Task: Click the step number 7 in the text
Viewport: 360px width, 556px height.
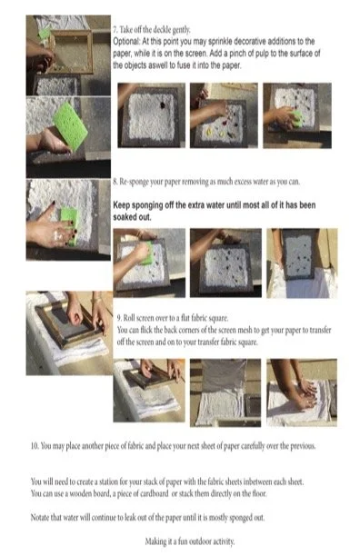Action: [115, 29]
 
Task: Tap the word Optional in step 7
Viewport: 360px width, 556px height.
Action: [126, 42]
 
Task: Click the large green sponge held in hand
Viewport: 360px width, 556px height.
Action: [70, 122]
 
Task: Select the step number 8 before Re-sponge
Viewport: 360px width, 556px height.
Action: [115, 182]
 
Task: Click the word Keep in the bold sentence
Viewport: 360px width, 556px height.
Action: [121, 205]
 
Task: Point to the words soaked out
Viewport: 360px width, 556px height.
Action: [132, 217]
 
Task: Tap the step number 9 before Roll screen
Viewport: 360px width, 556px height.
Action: [119, 318]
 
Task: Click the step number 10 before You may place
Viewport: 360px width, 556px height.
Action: [35, 446]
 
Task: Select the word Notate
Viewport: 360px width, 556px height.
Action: [40, 517]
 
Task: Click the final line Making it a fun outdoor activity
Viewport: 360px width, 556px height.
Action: [190, 541]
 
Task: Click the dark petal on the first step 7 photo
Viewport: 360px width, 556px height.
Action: [163, 105]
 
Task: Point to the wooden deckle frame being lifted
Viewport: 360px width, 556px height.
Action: [70, 51]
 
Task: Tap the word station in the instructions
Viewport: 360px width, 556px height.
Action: [109, 482]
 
